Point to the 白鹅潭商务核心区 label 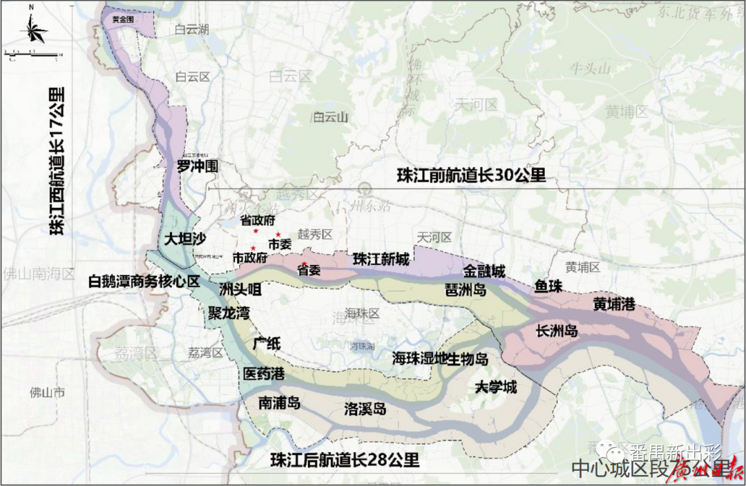point(144,281)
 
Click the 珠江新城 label point(381,260)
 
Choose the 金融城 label point(484,270)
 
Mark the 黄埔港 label point(613,303)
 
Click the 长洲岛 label point(557,331)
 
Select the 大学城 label point(495,387)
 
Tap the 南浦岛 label point(279,402)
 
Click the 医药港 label point(264,373)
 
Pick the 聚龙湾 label point(229,313)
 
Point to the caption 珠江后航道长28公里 point(345,459)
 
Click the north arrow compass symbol point(32,30)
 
